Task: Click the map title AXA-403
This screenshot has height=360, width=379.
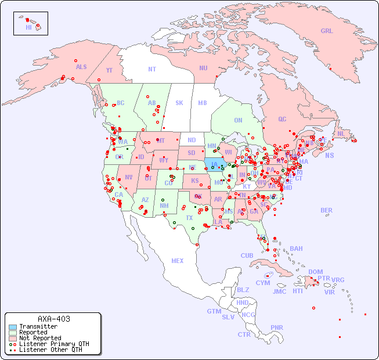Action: pyautogui.click(x=54, y=319)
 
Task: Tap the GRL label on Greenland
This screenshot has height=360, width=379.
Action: pyautogui.click(x=327, y=31)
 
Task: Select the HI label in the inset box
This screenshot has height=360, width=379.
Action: pyautogui.click(x=28, y=27)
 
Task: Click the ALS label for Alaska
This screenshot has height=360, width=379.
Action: pyautogui.click(x=81, y=67)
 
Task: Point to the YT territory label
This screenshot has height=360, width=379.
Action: pyautogui.click(x=109, y=70)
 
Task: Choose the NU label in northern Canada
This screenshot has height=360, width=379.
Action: pyautogui.click(x=203, y=68)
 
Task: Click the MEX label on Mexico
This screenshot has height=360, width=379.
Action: pyautogui.click(x=177, y=261)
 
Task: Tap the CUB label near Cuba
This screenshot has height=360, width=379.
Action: pyautogui.click(x=247, y=255)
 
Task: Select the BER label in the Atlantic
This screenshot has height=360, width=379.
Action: pyautogui.click(x=326, y=210)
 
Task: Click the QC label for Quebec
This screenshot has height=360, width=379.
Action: pyautogui.click(x=282, y=119)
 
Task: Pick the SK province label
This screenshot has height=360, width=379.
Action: pyautogui.click(x=179, y=103)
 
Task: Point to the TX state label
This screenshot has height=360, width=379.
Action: pyautogui.click(x=189, y=218)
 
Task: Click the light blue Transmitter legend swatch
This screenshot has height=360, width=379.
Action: pyautogui.click(x=13, y=327)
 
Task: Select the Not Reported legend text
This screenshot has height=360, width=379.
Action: pyautogui.click(x=40, y=338)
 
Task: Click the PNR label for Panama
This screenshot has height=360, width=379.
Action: pyautogui.click(x=277, y=327)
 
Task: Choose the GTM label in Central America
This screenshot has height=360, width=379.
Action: pyautogui.click(x=214, y=311)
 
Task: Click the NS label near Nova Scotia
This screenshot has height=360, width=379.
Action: pyautogui.click(x=329, y=156)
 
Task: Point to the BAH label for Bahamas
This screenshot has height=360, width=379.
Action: pyautogui.click(x=296, y=249)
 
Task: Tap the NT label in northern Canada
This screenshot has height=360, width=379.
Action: pyautogui.click(x=151, y=69)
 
